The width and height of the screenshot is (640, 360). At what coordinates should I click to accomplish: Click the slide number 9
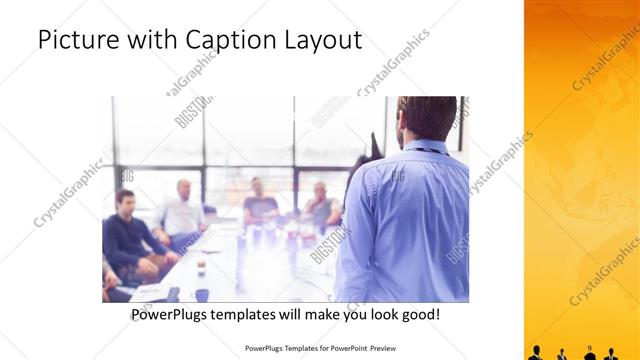[x=590, y=347]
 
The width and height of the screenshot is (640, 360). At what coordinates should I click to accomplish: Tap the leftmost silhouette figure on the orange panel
[x=536, y=353]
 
